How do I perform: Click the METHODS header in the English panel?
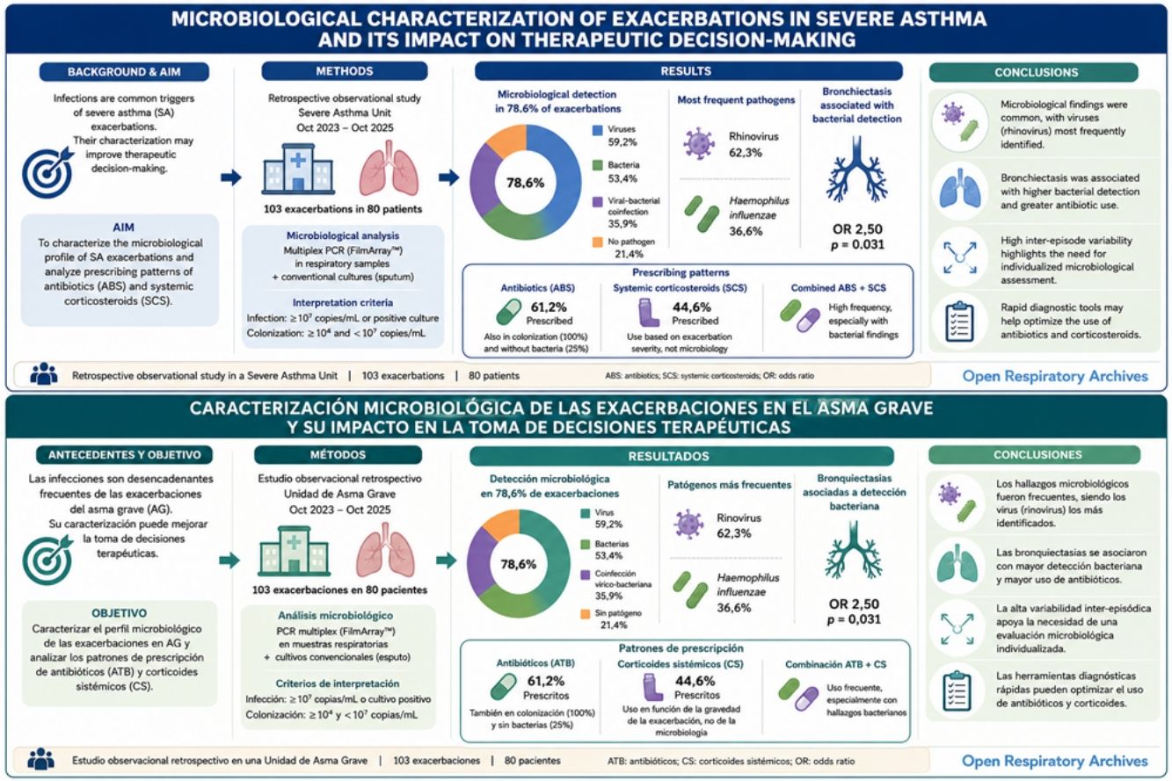[x=345, y=71]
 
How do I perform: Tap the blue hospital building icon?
[x=298, y=169]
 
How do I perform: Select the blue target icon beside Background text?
[x=48, y=171]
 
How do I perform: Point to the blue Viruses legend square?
[x=597, y=130]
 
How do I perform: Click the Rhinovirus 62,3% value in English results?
[x=746, y=153]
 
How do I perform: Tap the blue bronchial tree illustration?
[x=856, y=170]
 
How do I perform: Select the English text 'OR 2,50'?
[x=857, y=229]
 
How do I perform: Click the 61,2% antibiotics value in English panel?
[x=549, y=307]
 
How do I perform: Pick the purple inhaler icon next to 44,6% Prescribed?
[x=650, y=313]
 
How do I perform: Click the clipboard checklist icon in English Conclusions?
[x=959, y=322]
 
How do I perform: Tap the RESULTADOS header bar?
[x=681, y=456]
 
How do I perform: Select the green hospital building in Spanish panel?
[x=294, y=551]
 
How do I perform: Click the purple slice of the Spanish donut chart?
[x=480, y=562]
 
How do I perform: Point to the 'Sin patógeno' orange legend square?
[x=586, y=614]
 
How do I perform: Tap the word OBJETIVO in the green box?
[x=120, y=612]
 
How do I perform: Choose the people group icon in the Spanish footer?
[x=40, y=759]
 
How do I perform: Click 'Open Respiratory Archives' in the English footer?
[x=1055, y=376]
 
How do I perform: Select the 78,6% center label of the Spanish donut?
[x=518, y=564]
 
